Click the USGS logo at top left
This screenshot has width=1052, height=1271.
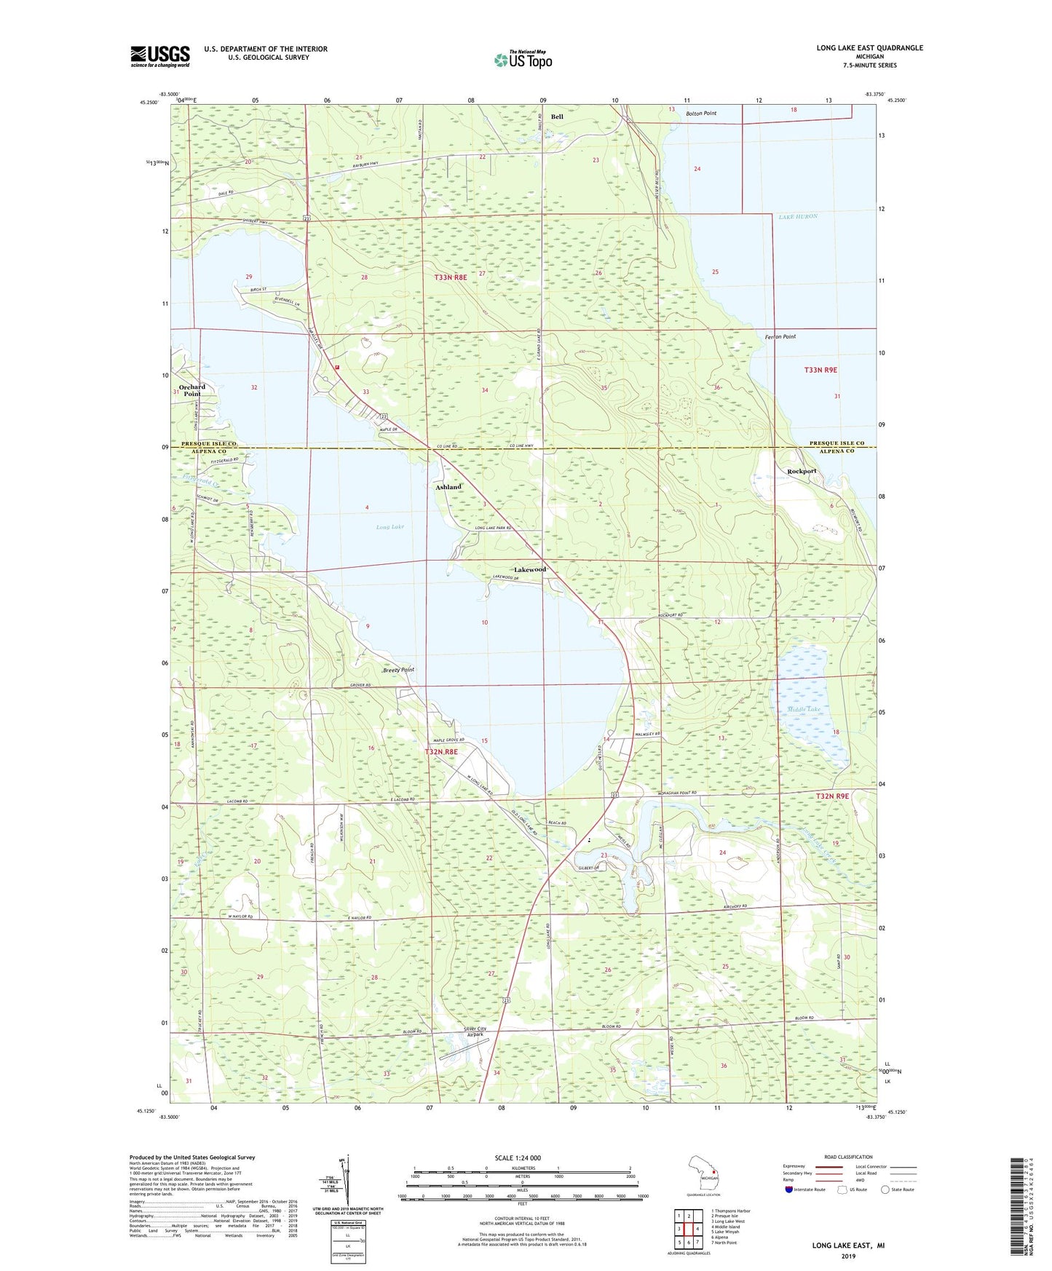coord(160,56)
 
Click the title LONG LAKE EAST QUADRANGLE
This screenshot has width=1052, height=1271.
coord(869,48)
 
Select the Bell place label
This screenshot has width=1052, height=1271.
coord(557,116)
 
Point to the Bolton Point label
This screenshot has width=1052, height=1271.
coord(701,114)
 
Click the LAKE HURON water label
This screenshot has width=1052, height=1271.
coord(798,216)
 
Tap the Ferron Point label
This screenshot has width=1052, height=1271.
coord(780,337)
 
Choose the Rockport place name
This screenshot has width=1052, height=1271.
coord(802,471)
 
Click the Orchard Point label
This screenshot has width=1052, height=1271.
coord(192,390)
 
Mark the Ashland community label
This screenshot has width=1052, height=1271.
coord(448,487)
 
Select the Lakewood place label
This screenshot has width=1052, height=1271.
coord(529,569)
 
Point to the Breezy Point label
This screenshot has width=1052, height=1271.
coord(398,670)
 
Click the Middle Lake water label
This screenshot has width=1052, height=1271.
coord(804,709)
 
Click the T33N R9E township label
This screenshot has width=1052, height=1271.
coord(820,370)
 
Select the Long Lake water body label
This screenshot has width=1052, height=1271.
coord(390,526)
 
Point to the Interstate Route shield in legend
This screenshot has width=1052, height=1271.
coord(789,1189)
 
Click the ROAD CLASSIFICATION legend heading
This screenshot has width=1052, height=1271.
coord(848,1157)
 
